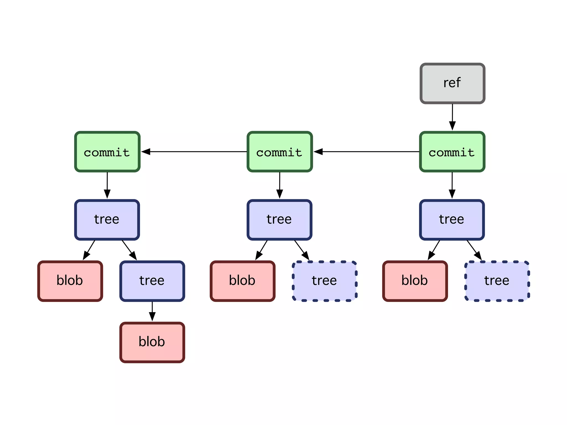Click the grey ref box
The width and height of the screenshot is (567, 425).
click(452, 83)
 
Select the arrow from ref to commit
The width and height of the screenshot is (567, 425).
click(452, 116)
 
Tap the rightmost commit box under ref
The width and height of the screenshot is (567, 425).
click(452, 152)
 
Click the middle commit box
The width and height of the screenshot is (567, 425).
click(280, 152)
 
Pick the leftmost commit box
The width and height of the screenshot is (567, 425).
click(107, 152)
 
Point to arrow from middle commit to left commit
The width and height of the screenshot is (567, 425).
click(194, 152)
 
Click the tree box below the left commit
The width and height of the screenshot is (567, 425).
click(107, 220)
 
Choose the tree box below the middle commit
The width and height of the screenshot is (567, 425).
click(280, 220)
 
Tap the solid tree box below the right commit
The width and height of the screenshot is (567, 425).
click(452, 220)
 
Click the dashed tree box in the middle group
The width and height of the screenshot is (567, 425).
click(324, 281)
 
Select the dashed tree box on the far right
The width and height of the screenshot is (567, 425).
click(497, 281)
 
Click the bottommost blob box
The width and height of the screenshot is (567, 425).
click(152, 342)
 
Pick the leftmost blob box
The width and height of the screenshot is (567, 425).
click(70, 281)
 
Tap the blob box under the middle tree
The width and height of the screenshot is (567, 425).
click(243, 281)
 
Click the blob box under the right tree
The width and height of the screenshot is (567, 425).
click(415, 281)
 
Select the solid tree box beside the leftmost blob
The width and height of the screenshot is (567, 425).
click(152, 281)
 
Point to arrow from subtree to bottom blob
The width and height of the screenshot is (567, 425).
click(152, 311)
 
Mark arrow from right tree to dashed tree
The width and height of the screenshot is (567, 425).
click(474, 250)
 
